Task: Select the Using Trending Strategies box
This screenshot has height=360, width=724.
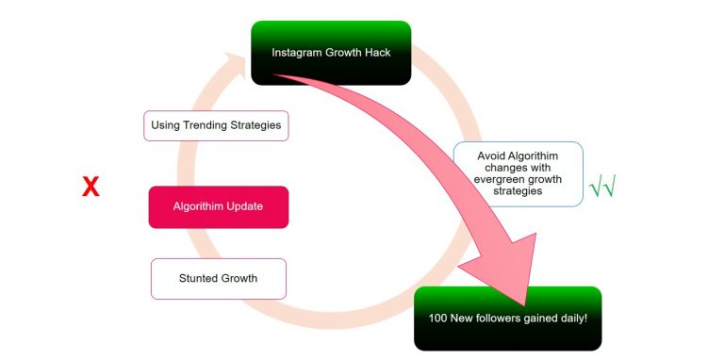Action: pos(217,125)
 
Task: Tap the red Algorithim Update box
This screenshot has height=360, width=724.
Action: pos(218,206)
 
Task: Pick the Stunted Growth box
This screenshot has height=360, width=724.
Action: pos(218,278)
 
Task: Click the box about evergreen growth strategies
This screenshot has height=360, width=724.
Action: pos(518,174)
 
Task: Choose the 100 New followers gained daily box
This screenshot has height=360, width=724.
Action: pos(507,319)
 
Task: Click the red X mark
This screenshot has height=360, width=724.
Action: pos(90,188)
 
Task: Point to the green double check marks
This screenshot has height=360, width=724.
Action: pos(602,188)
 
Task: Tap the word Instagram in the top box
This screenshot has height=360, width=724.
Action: pos(297,53)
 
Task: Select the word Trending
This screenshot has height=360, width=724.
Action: pos(209,125)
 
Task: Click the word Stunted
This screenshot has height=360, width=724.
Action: pos(199,278)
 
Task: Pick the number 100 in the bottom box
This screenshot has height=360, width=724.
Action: pos(437,319)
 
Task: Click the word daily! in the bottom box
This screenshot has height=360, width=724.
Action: pos(571,319)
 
